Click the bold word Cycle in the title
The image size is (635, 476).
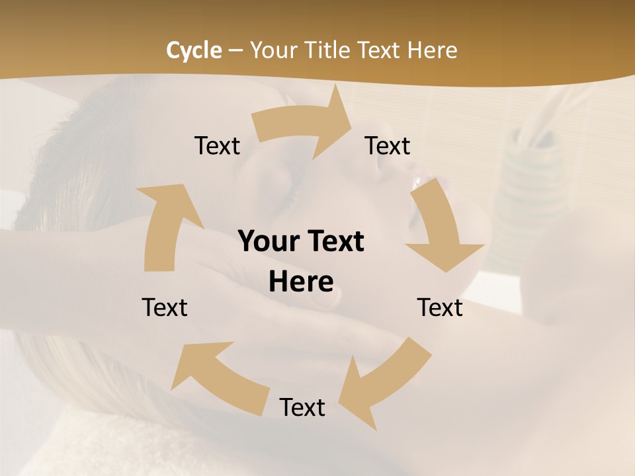(194, 50)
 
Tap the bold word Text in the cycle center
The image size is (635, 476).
(335, 241)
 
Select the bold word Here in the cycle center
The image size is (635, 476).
(301, 282)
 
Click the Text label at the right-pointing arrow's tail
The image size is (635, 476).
(217, 145)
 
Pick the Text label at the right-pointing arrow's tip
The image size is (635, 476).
(388, 145)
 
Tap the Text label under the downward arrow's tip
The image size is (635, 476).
(440, 307)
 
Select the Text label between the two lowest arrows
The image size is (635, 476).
(302, 407)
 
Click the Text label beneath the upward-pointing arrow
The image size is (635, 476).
(165, 307)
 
